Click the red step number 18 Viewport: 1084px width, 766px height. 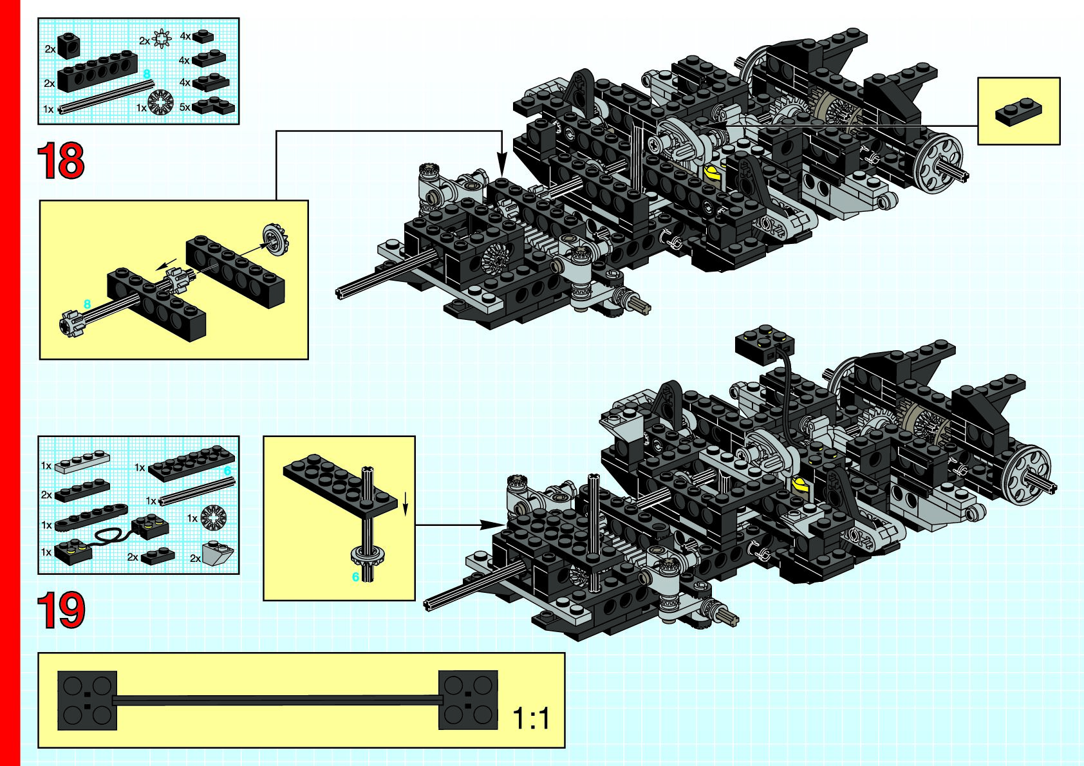61,161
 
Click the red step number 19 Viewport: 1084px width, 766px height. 61,610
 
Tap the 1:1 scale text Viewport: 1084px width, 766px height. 531,718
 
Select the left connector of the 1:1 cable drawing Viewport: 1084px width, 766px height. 88,700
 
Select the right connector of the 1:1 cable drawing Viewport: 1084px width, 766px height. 468,700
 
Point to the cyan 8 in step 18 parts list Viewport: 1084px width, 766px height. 147,74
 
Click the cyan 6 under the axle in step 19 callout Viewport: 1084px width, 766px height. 355,577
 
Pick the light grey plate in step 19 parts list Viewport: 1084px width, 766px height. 82,463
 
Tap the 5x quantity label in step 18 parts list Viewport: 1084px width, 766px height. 185,107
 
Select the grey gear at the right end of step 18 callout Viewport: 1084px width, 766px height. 276,239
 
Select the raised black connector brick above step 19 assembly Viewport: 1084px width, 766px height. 765,344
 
